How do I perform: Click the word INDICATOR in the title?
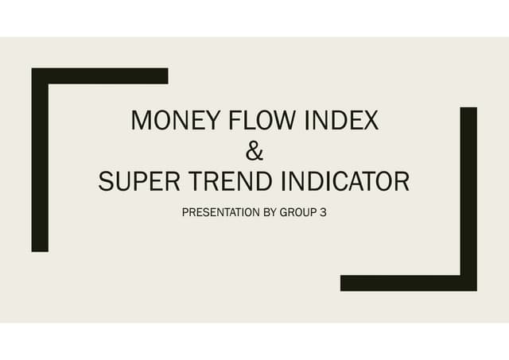click(x=344, y=182)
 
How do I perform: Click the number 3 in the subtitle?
click(x=323, y=213)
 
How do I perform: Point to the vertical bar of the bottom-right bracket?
click(x=468, y=191)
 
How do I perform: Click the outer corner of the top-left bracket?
click(x=33, y=70)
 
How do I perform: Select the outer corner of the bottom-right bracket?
click(x=475, y=289)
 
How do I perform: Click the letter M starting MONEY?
click(x=142, y=122)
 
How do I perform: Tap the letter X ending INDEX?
click(x=371, y=122)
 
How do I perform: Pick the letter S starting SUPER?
click(x=106, y=182)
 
